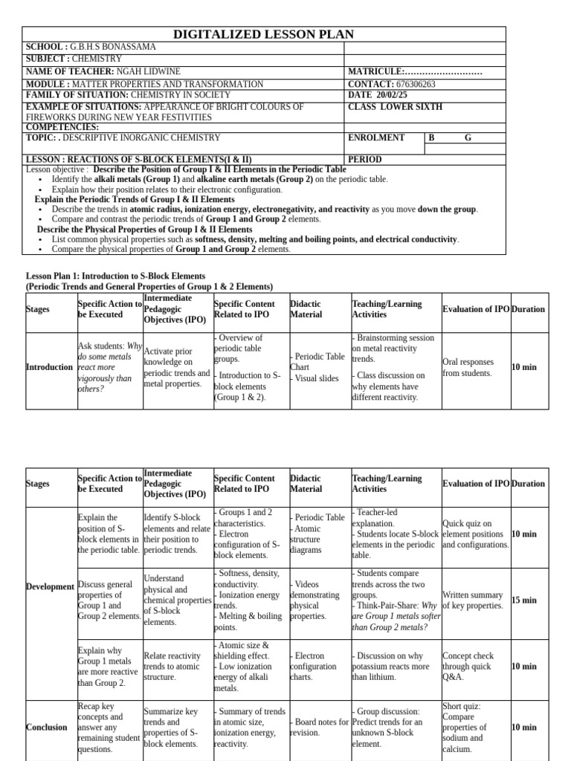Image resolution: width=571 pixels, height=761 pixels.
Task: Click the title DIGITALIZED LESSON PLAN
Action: point(263,34)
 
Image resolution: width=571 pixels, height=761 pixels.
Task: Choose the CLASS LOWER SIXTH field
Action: point(395,107)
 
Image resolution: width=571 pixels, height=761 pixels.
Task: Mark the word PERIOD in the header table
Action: point(365,160)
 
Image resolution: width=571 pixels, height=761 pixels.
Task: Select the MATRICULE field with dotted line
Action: point(415,71)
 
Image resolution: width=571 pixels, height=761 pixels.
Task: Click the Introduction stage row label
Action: point(49,367)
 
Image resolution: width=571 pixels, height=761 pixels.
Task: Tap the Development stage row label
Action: point(51,587)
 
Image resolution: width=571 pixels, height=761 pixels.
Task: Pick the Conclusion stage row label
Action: point(46,728)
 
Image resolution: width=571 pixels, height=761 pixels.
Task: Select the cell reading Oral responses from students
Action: point(468,367)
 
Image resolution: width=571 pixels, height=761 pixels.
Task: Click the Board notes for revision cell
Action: point(320,727)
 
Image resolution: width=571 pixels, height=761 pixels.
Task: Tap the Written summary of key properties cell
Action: point(472,600)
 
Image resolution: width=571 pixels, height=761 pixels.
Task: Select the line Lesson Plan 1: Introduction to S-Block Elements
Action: point(106,276)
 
